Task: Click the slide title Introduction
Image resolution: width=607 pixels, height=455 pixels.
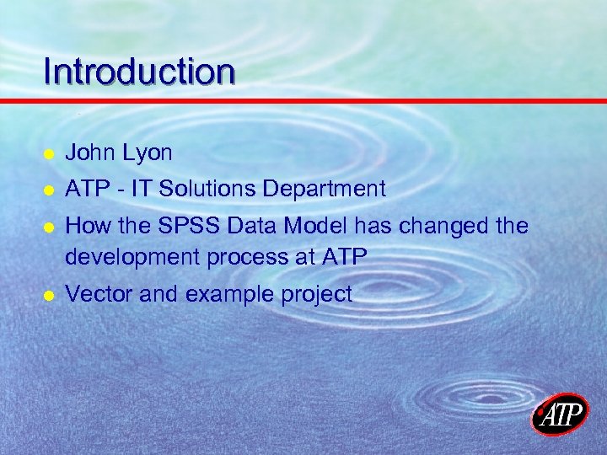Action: (x=139, y=72)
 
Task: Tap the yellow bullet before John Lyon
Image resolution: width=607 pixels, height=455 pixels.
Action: (x=49, y=154)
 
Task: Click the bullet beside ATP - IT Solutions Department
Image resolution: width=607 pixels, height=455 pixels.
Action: (x=49, y=190)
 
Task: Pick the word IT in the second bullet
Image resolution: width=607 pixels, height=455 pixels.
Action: (x=139, y=189)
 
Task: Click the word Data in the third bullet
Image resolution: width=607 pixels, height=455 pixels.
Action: (x=244, y=226)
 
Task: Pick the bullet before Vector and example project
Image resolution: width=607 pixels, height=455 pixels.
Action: (x=49, y=295)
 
